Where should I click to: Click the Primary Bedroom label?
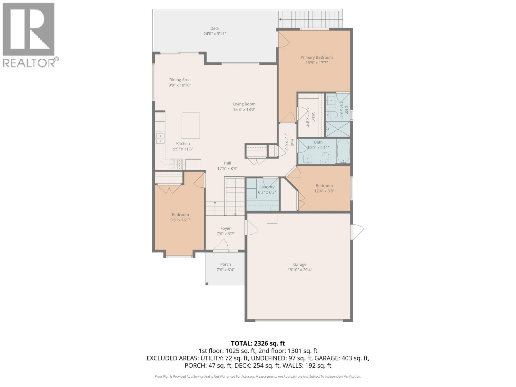[316, 57]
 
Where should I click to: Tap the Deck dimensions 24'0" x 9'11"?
[214, 34]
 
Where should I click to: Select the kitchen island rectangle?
[191, 125]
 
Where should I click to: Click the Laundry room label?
[267, 187]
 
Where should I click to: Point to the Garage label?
[300, 264]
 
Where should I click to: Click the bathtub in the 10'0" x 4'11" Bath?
[343, 151]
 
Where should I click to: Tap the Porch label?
[225, 264]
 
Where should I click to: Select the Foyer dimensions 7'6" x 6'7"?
[225, 234]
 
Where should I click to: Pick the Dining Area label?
[180, 80]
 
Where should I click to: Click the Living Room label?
[244, 104]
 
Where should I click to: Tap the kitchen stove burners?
[176, 164]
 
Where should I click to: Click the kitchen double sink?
[160, 138]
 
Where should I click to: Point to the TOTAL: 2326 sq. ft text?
[258, 343]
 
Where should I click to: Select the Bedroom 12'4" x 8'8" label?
[324, 185]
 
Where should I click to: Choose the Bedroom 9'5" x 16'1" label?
[180, 215]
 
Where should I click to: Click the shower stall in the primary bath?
[337, 128]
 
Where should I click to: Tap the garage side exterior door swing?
[357, 232]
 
